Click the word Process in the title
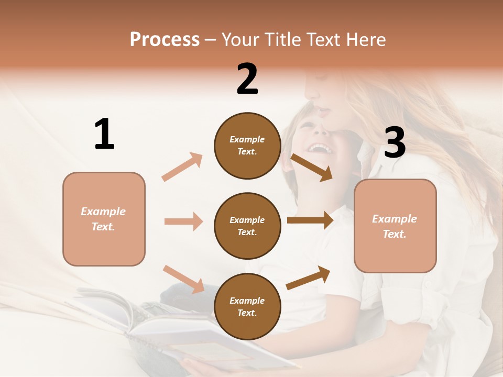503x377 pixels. (165, 39)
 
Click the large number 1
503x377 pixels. (104, 135)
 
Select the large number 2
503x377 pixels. (247, 79)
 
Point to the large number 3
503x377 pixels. (395, 143)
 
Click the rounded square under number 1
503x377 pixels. (104, 219)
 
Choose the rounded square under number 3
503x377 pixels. (395, 226)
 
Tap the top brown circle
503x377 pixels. (247, 146)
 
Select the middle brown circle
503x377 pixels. (247, 226)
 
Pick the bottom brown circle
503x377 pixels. (247, 307)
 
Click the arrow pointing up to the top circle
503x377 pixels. (182, 167)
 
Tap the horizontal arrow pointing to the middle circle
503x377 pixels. (183, 221)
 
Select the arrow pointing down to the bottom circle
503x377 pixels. (183, 279)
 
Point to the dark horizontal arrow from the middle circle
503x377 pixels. (310, 220)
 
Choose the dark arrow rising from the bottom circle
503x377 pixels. (309, 278)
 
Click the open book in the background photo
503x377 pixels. (173, 330)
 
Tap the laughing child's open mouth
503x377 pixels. (319, 149)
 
